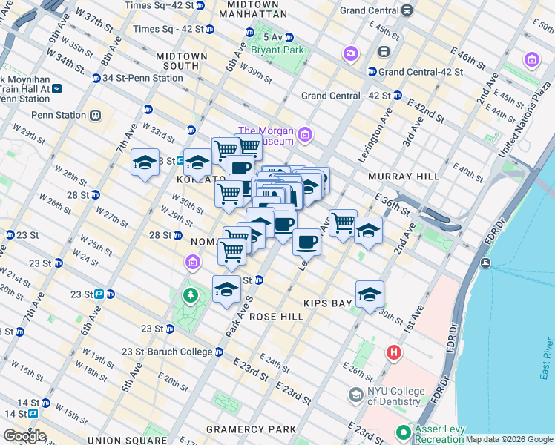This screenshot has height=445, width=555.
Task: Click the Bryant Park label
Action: (x=277, y=50)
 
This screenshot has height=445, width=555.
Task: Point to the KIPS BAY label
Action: (x=332, y=303)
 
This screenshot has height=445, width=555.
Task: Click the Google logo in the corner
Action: (x=24, y=436)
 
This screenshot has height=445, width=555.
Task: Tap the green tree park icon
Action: (x=191, y=295)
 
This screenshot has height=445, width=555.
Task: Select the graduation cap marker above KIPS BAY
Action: (x=370, y=294)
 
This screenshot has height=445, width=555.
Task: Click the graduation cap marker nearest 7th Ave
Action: (x=145, y=162)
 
